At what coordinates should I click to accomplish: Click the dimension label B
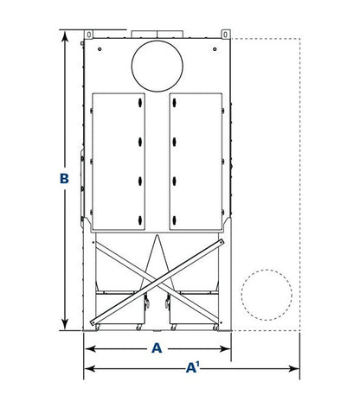click(64, 178)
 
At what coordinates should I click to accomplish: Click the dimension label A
click(157, 348)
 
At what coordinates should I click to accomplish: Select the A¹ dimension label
click(193, 367)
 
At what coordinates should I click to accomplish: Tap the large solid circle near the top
click(157, 66)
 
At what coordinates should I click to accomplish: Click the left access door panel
click(119, 162)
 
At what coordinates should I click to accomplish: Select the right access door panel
click(196, 162)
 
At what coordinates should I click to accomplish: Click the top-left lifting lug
click(89, 35)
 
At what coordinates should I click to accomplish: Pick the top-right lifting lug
click(226, 35)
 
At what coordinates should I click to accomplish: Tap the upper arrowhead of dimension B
click(65, 37)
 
